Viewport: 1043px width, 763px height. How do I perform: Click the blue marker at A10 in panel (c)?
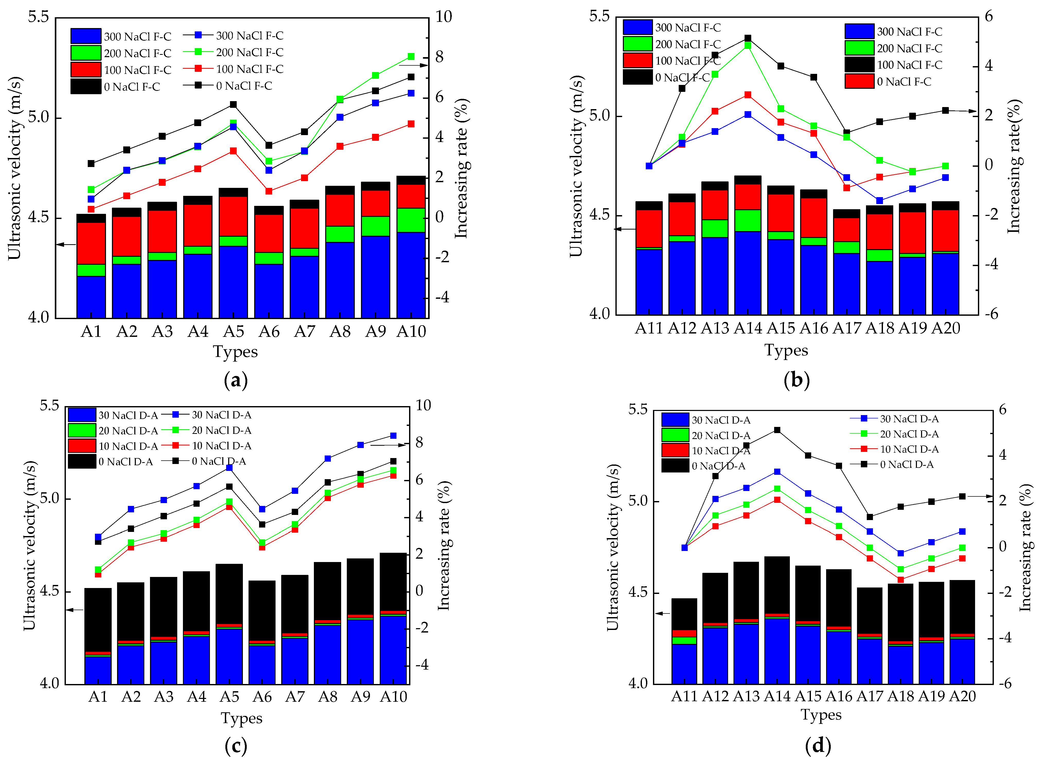pyautogui.click(x=393, y=435)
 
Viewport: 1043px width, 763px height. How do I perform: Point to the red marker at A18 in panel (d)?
pyautogui.click(x=900, y=580)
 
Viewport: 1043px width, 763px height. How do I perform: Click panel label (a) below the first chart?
pyautogui.click(x=235, y=381)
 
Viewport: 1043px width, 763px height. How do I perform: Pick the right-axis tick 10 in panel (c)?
pyautogui.click(x=423, y=406)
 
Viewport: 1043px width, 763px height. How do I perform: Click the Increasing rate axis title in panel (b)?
pyautogui.click(x=1013, y=166)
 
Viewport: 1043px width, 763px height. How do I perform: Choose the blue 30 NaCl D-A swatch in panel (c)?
pyautogui.click(x=82, y=415)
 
